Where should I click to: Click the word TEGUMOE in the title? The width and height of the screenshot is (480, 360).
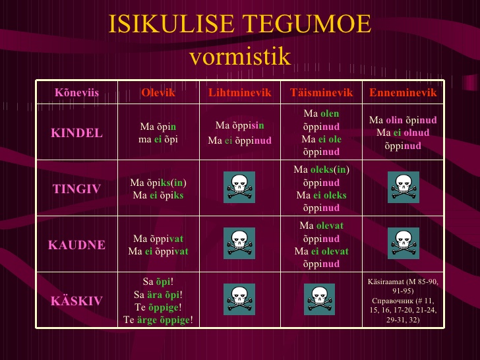[x=307, y=24]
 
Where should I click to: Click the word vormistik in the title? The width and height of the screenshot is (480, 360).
[x=240, y=56]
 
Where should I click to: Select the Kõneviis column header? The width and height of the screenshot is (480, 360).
[x=77, y=92]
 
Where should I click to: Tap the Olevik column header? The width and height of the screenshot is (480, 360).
[x=158, y=92]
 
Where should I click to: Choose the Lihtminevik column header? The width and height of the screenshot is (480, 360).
[x=240, y=92]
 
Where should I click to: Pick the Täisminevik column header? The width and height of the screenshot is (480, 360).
[x=322, y=92]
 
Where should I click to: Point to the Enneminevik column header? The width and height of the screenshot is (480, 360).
[x=403, y=92]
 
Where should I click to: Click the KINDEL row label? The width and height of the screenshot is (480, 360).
[x=77, y=133]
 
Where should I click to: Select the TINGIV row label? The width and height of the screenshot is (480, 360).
[x=77, y=189]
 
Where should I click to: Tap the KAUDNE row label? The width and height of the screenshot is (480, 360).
[x=77, y=245]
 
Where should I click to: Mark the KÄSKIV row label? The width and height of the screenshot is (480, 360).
[x=77, y=301]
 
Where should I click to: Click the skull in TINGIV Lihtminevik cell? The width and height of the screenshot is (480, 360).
[x=239, y=187]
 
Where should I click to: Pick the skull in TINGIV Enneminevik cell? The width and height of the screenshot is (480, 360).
[x=404, y=187]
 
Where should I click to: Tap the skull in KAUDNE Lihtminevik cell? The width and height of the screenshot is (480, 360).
[x=239, y=243]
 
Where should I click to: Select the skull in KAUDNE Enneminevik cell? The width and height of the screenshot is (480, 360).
[x=404, y=243]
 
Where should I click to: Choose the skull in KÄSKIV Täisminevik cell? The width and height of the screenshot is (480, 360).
[x=319, y=299]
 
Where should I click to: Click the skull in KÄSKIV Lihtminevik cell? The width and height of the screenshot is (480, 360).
[x=239, y=299]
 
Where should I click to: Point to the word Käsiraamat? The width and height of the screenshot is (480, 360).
[x=386, y=282]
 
